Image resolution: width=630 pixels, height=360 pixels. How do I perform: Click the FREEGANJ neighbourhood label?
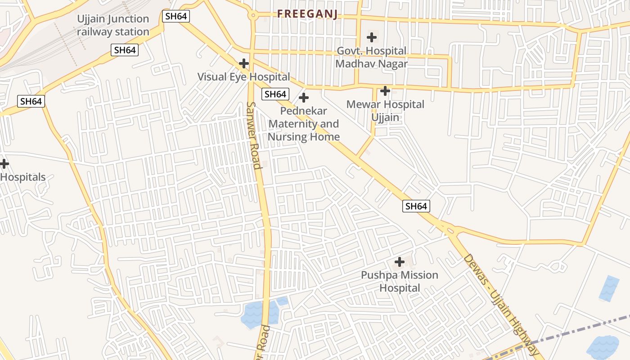tap(307, 14)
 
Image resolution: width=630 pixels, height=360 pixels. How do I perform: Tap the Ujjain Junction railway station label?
tap(113, 25)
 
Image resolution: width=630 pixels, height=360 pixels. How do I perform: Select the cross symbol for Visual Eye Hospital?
tap(244, 63)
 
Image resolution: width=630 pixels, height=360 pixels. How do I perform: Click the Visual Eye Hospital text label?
tap(243, 77)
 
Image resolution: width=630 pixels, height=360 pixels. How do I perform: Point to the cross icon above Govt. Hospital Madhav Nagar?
tap(372, 37)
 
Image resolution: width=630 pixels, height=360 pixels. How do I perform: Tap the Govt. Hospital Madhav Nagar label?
tap(372, 57)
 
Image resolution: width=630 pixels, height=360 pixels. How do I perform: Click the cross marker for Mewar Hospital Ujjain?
tap(385, 91)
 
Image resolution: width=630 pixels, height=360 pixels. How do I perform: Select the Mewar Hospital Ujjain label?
tap(385, 111)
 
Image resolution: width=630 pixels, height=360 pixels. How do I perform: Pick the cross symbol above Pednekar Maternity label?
tap(304, 97)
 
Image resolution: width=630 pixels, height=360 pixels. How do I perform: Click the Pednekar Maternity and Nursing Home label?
tap(304, 124)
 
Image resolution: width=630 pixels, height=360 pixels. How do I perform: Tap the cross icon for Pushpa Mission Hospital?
tap(399, 261)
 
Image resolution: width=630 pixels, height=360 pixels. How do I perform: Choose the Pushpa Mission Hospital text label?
tap(400, 281)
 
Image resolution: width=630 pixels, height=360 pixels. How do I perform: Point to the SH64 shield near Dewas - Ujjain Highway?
tap(416, 206)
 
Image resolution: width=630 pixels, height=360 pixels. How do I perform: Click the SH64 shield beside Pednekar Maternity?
tap(275, 94)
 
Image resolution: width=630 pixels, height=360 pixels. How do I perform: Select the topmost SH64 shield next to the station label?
tap(176, 17)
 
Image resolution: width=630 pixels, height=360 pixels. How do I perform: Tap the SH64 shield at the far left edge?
tap(31, 101)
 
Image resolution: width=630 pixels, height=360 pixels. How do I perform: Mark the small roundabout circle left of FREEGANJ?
tap(253, 15)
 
